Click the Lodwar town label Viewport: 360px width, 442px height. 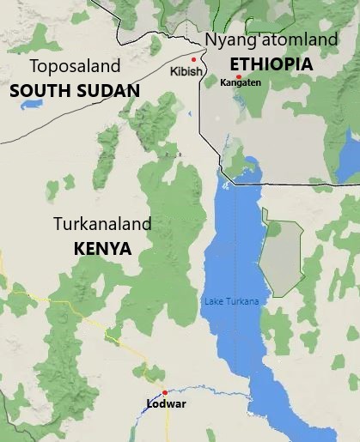(164, 403)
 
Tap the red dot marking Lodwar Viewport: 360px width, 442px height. (164, 392)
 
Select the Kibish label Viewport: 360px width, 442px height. (186, 71)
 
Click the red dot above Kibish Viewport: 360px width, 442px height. (194, 59)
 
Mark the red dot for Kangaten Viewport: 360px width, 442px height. (238, 76)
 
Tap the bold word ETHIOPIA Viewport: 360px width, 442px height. (271, 64)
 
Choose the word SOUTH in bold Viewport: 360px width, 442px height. (40, 89)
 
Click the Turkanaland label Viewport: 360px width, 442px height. (102, 225)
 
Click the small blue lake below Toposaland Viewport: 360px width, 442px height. (32, 105)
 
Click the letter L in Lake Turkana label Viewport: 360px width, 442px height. (205, 301)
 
